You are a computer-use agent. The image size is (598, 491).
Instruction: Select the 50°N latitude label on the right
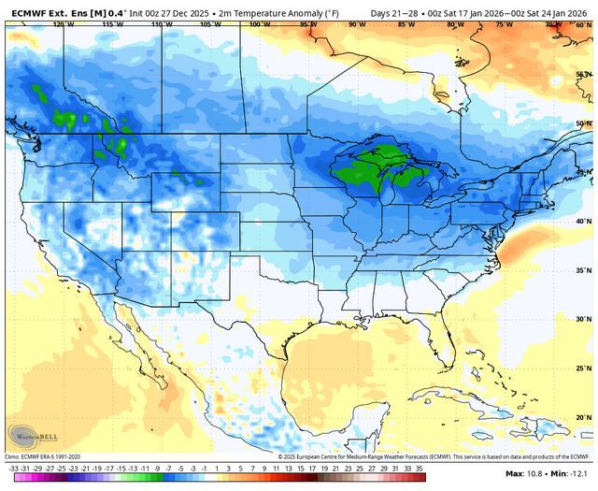pos(583,123)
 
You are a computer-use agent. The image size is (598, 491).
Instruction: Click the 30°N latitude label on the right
pos(583,318)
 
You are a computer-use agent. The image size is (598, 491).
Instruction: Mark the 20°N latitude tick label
pos(583,417)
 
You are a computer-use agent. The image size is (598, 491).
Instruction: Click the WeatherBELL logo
pos(29,436)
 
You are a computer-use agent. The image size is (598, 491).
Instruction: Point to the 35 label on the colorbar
pos(420,468)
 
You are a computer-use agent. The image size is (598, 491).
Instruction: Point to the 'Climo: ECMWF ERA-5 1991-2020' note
pos(47,455)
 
